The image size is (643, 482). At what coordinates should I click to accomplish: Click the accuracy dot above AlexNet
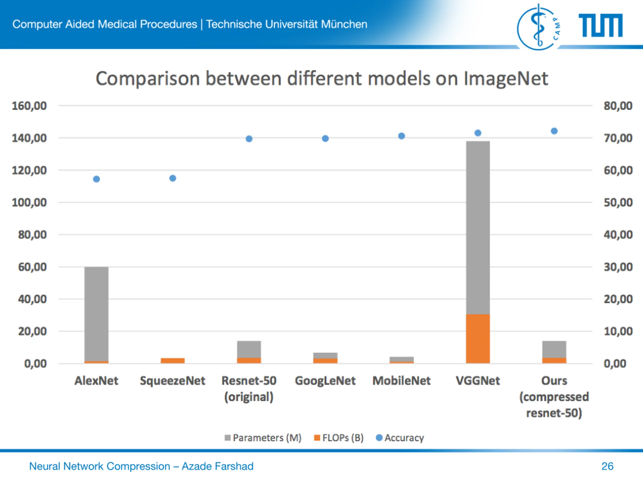[x=96, y=179]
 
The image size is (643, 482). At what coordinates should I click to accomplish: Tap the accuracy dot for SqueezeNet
[x=173, y=178]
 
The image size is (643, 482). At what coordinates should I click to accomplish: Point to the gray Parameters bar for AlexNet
[x=96, y=314]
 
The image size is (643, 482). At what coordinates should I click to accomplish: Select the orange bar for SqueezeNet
[x=173, y=360]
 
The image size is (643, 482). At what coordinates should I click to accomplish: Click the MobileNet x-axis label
[x=401, y=381]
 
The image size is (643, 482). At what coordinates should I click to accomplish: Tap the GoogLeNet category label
[x=325, y=381]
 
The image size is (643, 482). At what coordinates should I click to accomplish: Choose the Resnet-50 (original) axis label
[x=249, y=388]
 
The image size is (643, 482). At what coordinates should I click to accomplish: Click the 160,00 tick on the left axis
[x=29, y=106]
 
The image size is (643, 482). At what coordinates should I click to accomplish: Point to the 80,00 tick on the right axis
[x=618, y=106]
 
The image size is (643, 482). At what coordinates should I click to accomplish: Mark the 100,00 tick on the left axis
[x=29, y=203]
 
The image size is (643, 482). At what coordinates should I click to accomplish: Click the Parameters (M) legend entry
[x=263, y=438]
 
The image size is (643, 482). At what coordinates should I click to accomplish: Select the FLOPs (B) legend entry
[x=339, y=438]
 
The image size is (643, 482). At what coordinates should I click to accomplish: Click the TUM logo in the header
[x=601, y=26]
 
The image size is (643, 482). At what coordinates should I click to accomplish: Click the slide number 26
[x=607, y=466]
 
